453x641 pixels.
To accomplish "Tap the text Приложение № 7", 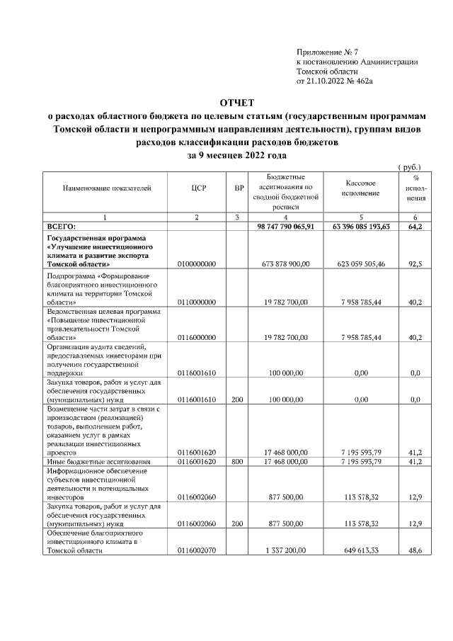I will pos(328,52).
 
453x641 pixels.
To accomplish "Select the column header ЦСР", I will pos(197,189).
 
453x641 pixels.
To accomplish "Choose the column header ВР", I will pos(239,189).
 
